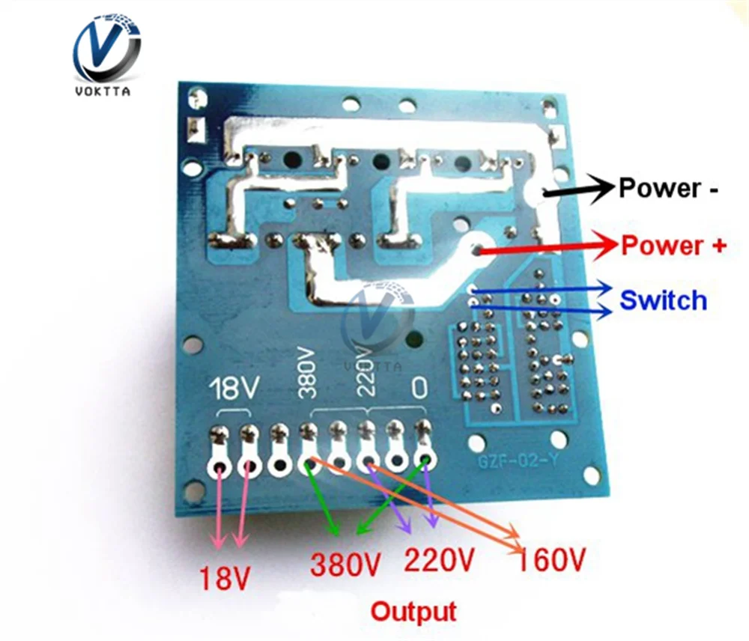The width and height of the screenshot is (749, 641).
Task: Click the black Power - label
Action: pos(668,188)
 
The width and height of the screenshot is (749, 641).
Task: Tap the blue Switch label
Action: pos(663,300)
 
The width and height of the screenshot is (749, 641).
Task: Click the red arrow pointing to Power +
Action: pos(547,248)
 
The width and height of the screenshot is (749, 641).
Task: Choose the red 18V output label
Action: pos(223,577)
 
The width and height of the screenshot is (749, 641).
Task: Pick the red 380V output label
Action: pos(348,563)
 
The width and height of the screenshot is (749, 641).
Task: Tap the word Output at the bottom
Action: pos(413,612)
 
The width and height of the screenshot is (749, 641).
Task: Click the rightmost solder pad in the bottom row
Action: pos(425,461)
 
